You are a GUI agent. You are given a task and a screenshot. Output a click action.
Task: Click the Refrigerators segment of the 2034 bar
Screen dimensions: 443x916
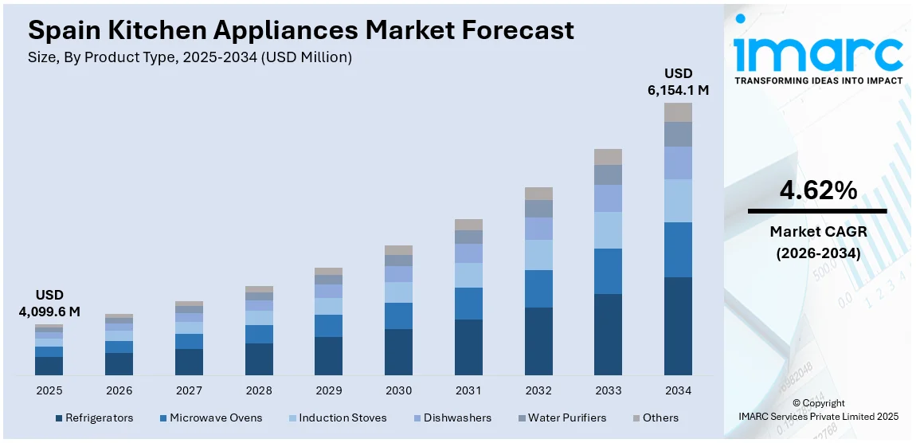[678, 326]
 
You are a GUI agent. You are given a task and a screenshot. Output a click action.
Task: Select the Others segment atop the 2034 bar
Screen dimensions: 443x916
[678, 112]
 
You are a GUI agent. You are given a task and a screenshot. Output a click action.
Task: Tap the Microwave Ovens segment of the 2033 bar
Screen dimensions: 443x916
[608, 271]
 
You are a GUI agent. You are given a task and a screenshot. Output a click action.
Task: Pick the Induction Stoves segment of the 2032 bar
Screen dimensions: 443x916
[538, 255]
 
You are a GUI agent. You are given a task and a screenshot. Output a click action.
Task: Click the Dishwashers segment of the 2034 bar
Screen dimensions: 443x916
[678, 163]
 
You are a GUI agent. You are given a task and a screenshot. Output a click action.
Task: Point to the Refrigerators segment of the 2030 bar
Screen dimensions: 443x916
[398, 351]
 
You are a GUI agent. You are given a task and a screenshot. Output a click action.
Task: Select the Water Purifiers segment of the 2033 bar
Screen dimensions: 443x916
[608, 174]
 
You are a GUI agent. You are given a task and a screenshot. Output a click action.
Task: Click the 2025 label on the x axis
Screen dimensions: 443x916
[49, 390]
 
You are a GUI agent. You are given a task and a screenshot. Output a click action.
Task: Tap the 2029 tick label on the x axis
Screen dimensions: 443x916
[328, 390]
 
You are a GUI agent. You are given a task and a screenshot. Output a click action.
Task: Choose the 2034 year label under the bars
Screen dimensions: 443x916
[678, 390]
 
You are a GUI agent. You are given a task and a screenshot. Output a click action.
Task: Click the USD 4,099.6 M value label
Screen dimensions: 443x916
[49, 303]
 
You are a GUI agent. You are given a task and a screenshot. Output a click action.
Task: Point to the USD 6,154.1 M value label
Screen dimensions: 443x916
[678, 82]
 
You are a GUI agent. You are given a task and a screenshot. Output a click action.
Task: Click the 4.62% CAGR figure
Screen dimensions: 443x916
[818, 191]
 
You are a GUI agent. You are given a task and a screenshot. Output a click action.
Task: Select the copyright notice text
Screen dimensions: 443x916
[818, 410]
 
